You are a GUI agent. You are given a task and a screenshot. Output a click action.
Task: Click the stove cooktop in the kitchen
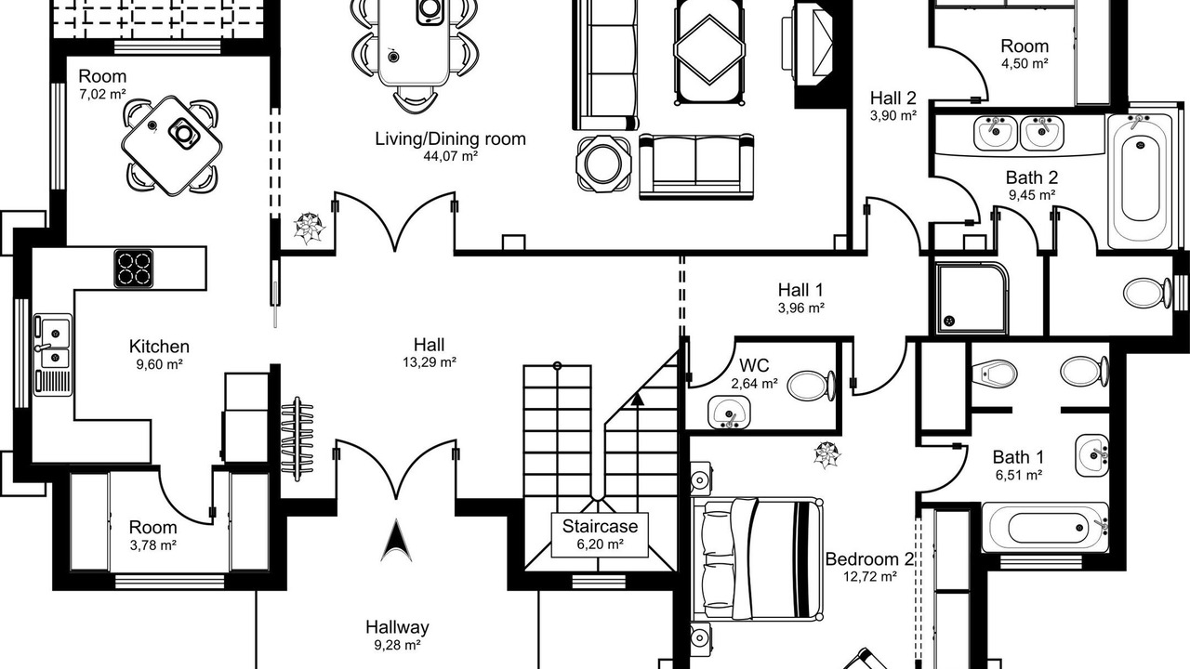coord(133,269)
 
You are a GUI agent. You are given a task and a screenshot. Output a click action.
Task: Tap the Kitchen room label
coord(159,347)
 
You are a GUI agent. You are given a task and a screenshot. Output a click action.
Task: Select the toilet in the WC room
coord(811,386)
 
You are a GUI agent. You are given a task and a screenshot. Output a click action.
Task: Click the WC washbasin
coord(730,412)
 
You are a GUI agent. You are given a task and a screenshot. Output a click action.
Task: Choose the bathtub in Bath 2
coord(1140,180)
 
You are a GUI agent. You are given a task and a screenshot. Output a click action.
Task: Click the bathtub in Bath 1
coord(1045,527)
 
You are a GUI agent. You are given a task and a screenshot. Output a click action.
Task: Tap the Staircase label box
coord(600,535)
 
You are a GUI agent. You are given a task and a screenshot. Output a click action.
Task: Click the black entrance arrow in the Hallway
coord(396,541)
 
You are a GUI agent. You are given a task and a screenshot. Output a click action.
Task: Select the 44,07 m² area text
coord(450,156)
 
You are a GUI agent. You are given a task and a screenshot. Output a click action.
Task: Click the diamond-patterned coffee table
coord(708,51)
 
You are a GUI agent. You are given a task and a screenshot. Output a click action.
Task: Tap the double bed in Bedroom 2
coord(758,558)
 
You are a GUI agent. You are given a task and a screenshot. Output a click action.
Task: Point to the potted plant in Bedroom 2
coord(826,455)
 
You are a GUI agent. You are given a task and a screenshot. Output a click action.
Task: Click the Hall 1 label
coord(800,290)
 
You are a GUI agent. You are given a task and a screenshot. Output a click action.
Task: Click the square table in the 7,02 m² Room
coord(172,146)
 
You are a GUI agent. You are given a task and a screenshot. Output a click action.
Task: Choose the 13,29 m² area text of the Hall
coord(430,362)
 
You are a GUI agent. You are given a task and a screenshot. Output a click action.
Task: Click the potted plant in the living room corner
coord(309,228)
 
